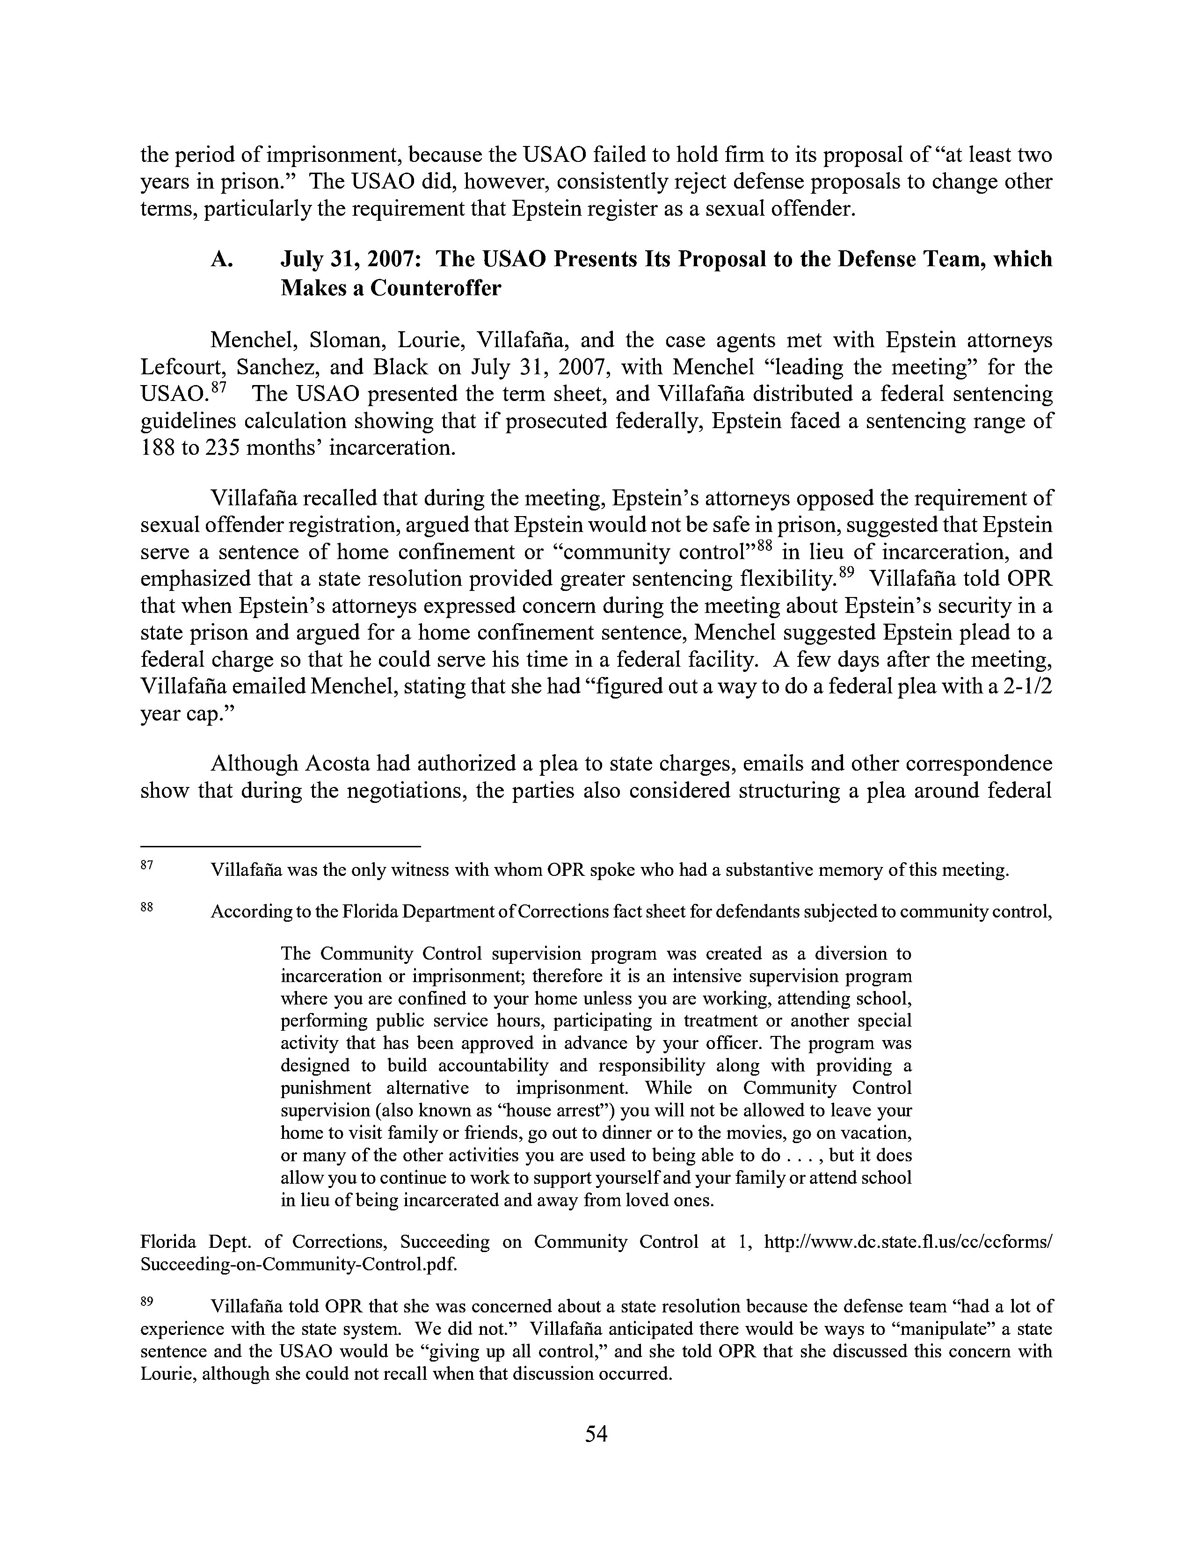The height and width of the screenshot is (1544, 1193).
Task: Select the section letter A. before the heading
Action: pos(221,260)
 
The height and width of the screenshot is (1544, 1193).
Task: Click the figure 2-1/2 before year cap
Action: pos(1024,686)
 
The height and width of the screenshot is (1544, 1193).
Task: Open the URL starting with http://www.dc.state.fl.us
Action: pos(909,1242)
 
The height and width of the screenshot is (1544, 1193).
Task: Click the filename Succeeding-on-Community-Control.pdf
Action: pos(299,1265)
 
